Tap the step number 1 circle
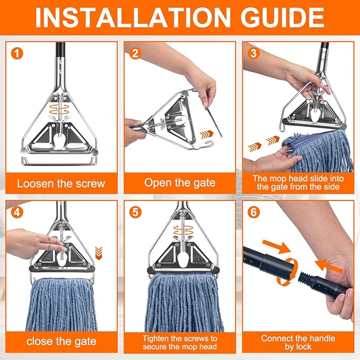(19, 53)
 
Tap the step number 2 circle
(136, 53)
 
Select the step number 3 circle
(254, 53)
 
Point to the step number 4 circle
(19, 212)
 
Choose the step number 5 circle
(136, 212)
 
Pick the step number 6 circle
(254, 212)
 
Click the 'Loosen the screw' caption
(61, 184)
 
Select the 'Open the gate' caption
(180, 183)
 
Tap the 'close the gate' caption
(61, 342)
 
